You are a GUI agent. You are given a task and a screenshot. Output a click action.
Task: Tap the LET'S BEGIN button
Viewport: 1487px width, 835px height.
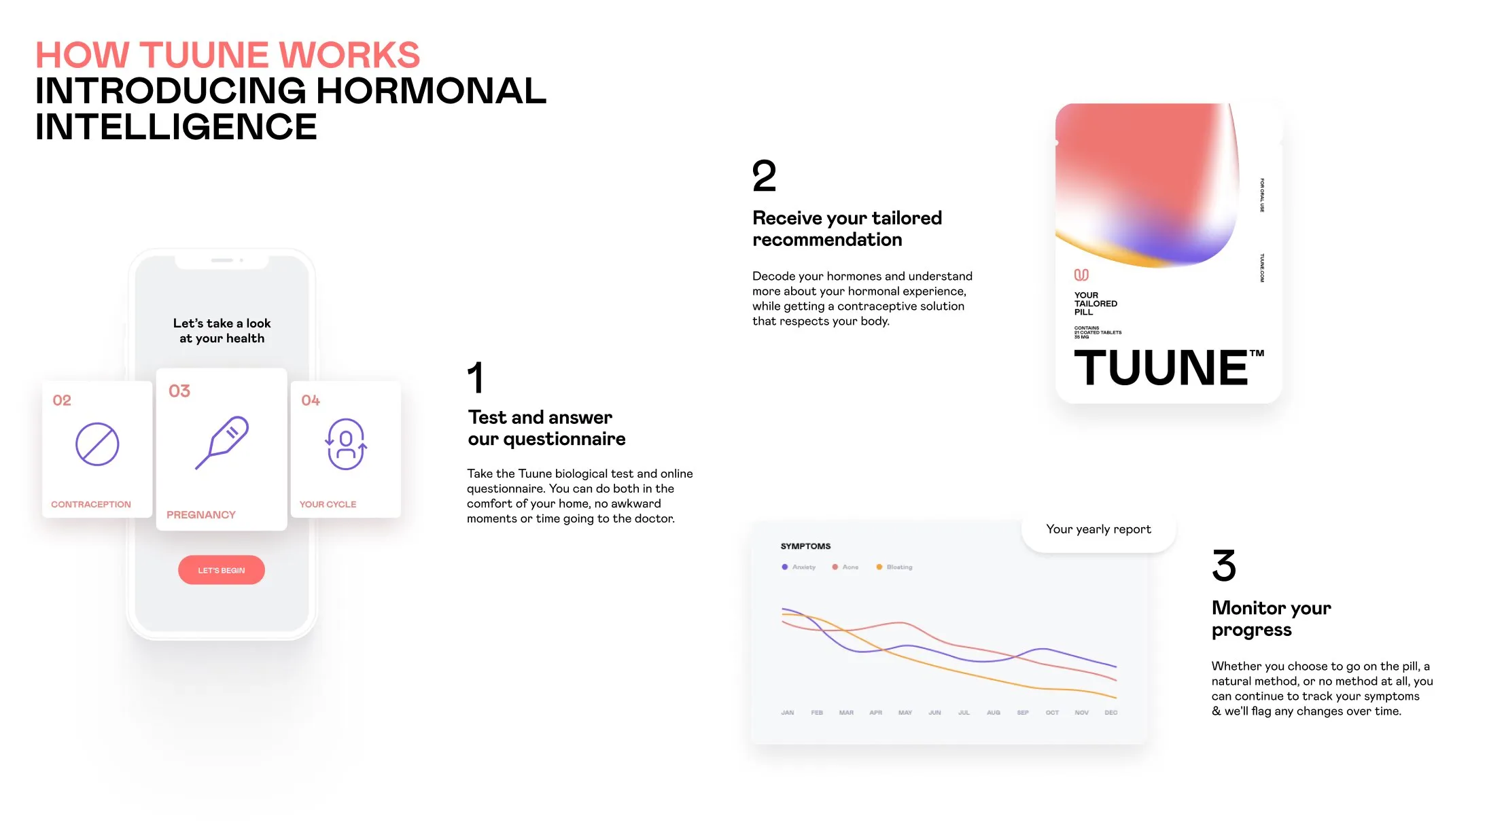(x=221, y=570)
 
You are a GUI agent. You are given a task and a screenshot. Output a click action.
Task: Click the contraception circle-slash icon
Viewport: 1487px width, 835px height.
(x=97, y=444)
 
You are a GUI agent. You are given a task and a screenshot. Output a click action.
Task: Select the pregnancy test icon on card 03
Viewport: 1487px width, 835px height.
(x=222, y=442)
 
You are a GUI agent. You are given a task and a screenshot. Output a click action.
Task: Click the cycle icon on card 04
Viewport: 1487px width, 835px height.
(x=346, y=444)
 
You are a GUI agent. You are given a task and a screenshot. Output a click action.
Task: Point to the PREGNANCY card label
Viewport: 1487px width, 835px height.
(x=201, y=515)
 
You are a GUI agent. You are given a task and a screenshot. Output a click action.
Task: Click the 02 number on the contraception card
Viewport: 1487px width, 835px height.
(x=62, y=400)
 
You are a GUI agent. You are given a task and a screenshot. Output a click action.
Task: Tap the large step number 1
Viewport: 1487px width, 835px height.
(x=476, y=378)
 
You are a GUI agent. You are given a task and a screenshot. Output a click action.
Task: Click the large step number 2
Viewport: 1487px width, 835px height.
(x=764, y=176)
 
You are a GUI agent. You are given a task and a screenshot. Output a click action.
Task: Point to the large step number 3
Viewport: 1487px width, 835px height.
(x=1223, y=565)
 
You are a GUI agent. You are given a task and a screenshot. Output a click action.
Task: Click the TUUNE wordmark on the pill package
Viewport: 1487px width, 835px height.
(x=1161, y=368)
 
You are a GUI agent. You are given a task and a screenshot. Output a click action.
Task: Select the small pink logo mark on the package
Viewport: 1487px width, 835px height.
(x=1081, y=274)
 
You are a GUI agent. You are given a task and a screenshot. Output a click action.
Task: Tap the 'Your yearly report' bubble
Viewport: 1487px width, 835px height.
(x=1098, y=529)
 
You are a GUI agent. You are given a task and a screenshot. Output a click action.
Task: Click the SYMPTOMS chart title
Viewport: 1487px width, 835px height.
(x=805, y=546)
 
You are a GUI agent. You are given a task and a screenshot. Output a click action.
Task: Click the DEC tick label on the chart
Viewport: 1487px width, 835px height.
(x=1110, y=713)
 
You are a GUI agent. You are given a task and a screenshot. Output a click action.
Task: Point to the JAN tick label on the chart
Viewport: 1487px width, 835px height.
(x=787, y=713)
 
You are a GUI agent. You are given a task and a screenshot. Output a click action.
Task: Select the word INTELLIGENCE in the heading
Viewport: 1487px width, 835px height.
(x=176, y=127)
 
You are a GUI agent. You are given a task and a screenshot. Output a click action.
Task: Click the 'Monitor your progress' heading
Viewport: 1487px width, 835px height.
(x=1271, y=618)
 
